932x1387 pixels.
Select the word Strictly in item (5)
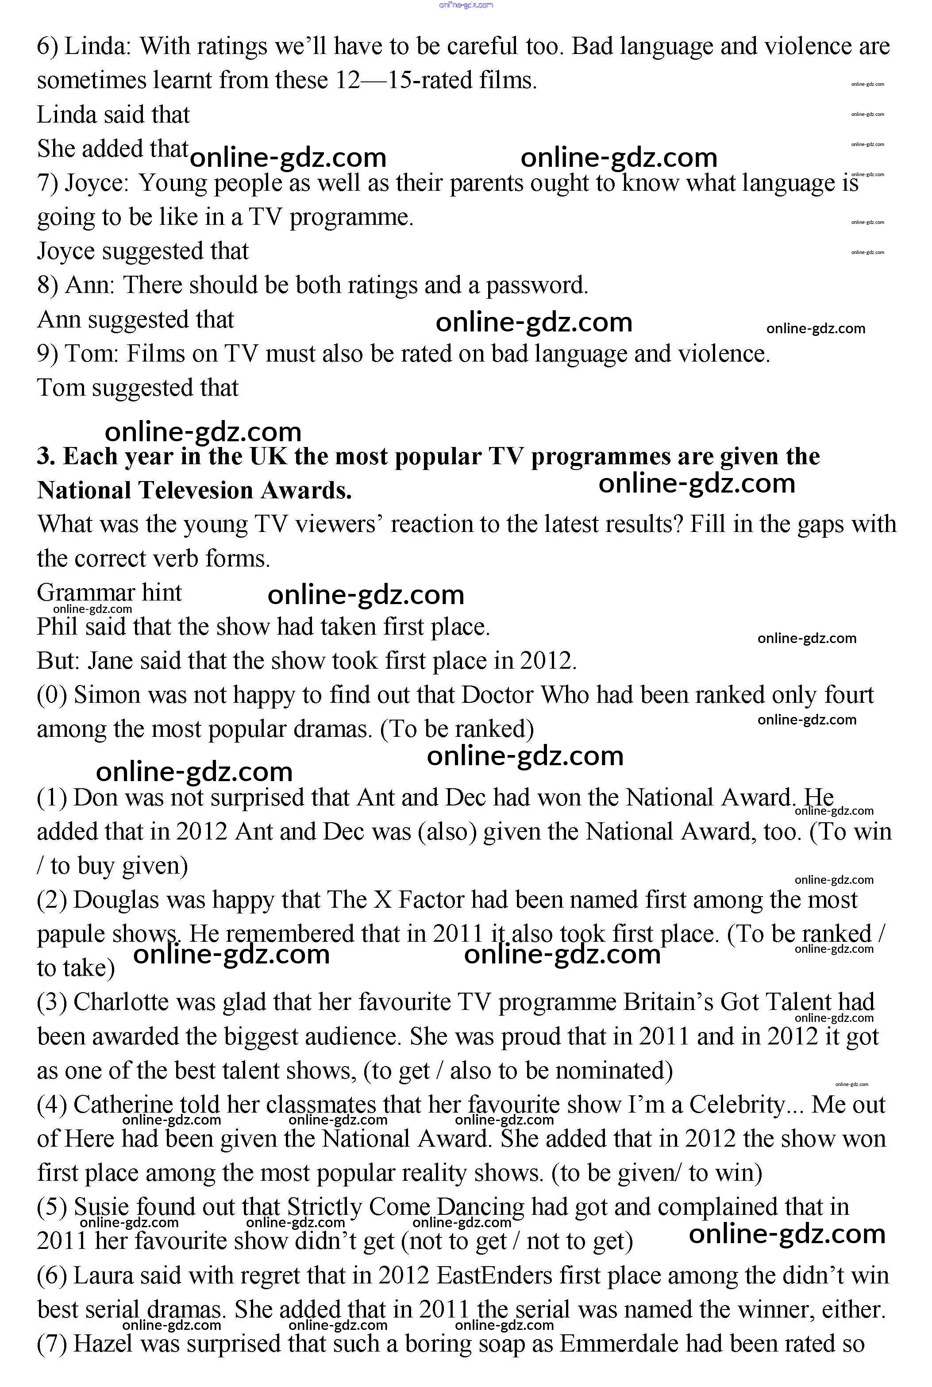(x=324, y=1207)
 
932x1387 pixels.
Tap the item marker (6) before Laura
(x=52, y=1276)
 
